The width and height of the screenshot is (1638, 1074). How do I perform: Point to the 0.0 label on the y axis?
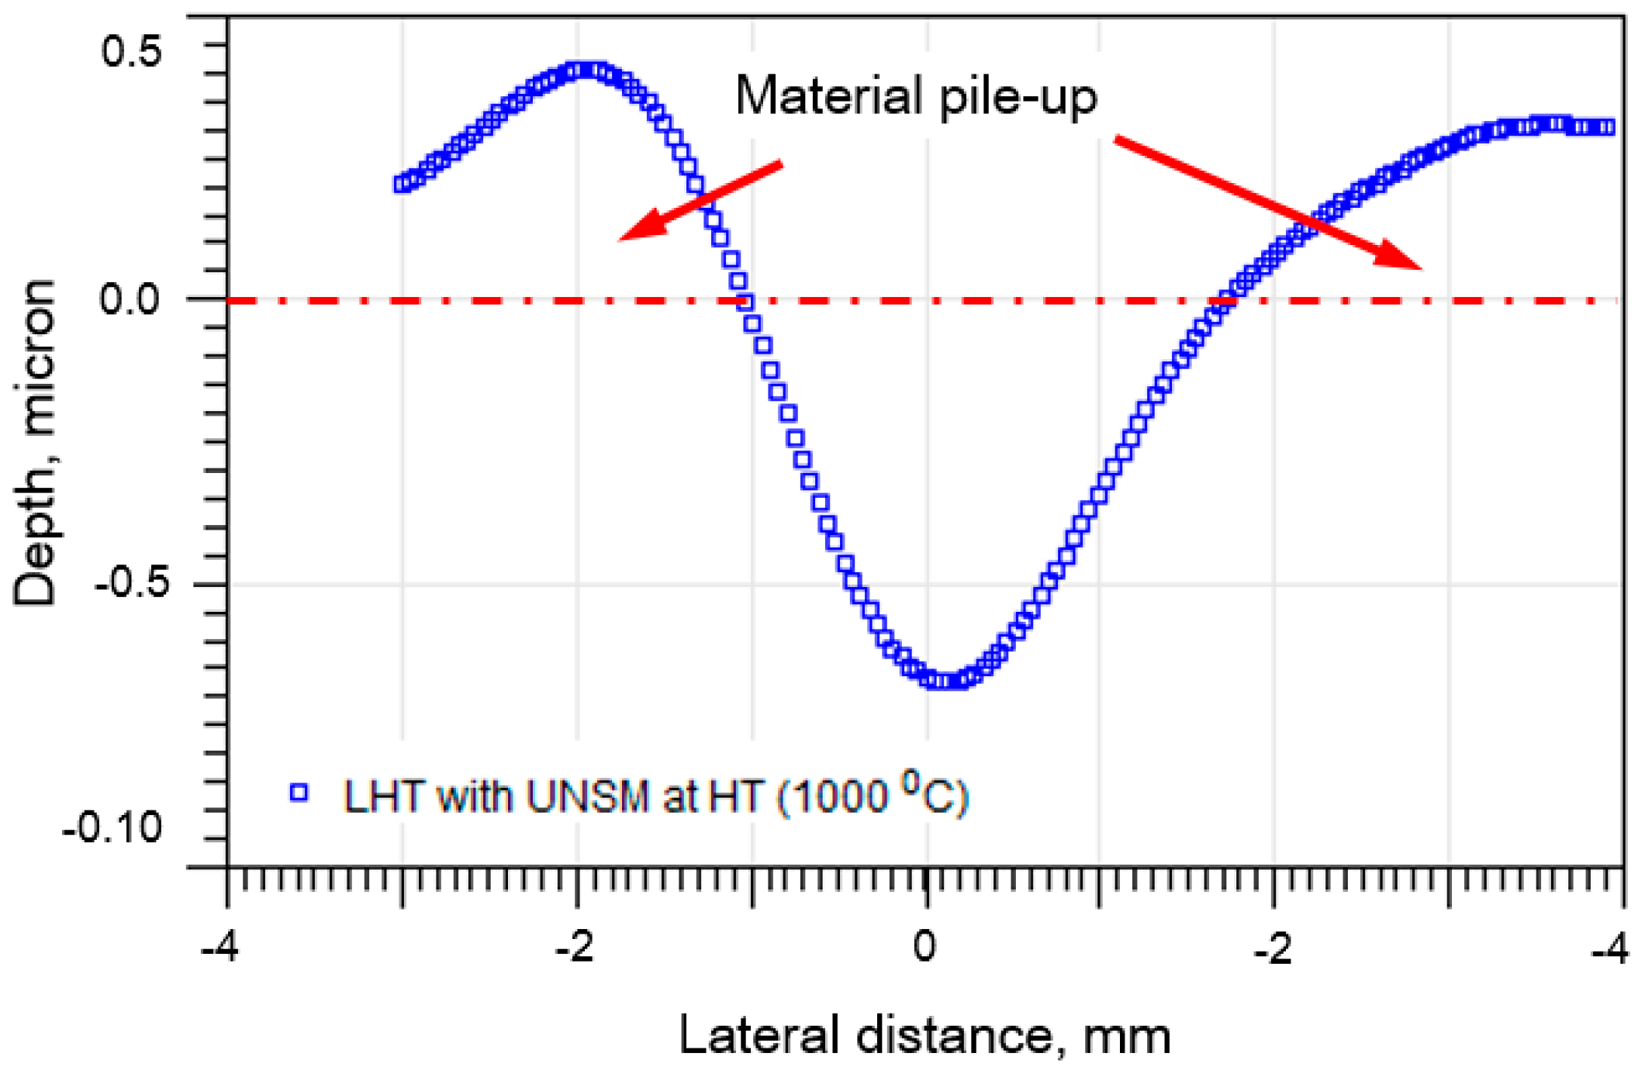pyautogui.click(x=130, y=299)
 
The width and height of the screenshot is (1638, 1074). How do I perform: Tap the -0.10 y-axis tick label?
pyautogui.click(x=112, y=828)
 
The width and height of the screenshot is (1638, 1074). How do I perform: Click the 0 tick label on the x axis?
pyautogui.click(x=924, y=947)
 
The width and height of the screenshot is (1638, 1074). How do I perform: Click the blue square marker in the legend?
pyautogui.click(x=299, y=793)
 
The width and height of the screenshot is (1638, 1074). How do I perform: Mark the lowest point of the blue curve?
pyautogui.click(x=942, y=681)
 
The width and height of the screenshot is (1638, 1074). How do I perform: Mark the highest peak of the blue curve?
pyautogui.click(x=586, y=71)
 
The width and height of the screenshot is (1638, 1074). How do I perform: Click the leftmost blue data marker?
pyautogui.click(x=401, y=184)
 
